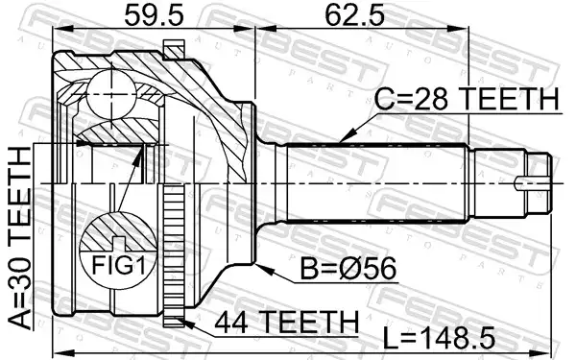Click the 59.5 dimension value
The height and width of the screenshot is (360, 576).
point(154,15)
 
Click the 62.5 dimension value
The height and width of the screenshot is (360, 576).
point(354,15)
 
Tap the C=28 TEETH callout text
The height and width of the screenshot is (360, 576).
point(467,99)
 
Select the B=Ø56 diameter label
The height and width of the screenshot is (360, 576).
point(348,268)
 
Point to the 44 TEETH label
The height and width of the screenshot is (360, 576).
point(286,322)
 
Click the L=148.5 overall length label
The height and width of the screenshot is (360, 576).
point(439,338)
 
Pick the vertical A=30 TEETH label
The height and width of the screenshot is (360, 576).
point(20,238)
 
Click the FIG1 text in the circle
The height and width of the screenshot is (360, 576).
point(118,265)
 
